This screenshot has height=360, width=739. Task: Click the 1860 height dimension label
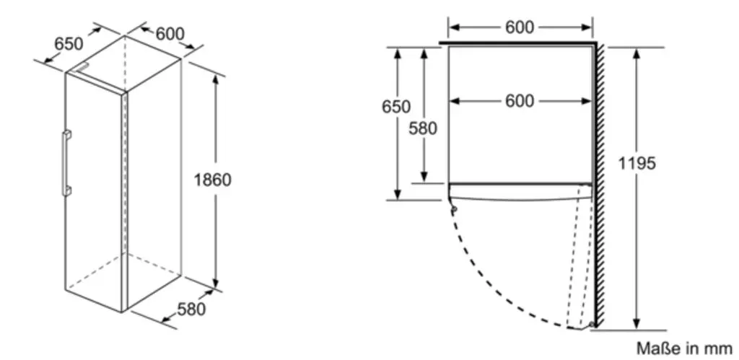[x=213, y=180]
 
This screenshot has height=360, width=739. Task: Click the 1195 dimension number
[x=637, y=164]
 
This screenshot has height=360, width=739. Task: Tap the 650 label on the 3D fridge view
[x=69, y=44]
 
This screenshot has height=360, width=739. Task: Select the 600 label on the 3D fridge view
[x=170, y=33]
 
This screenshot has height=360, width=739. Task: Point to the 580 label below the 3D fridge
[x=191, y=309]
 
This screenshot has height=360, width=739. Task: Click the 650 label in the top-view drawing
[x=396, y=107]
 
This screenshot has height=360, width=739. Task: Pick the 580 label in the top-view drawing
[x=423, y=128]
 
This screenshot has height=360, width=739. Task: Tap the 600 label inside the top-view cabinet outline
[x=520, y=101]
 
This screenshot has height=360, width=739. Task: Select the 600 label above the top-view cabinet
[x=520, y=27]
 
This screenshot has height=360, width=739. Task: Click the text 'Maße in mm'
[x=684, y=348]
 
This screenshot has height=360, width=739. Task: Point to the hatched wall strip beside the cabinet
[x=600, y=185]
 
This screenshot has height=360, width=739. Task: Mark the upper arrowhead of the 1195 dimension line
[x=637, y=53]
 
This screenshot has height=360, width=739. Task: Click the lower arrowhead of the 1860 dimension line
[x=215, y=282]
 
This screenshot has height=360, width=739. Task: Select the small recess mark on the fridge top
[x=82, y=68]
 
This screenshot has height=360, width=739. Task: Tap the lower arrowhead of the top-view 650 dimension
[x=398, y=194]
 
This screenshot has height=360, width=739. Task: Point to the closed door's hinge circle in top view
[x=453, y=208]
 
